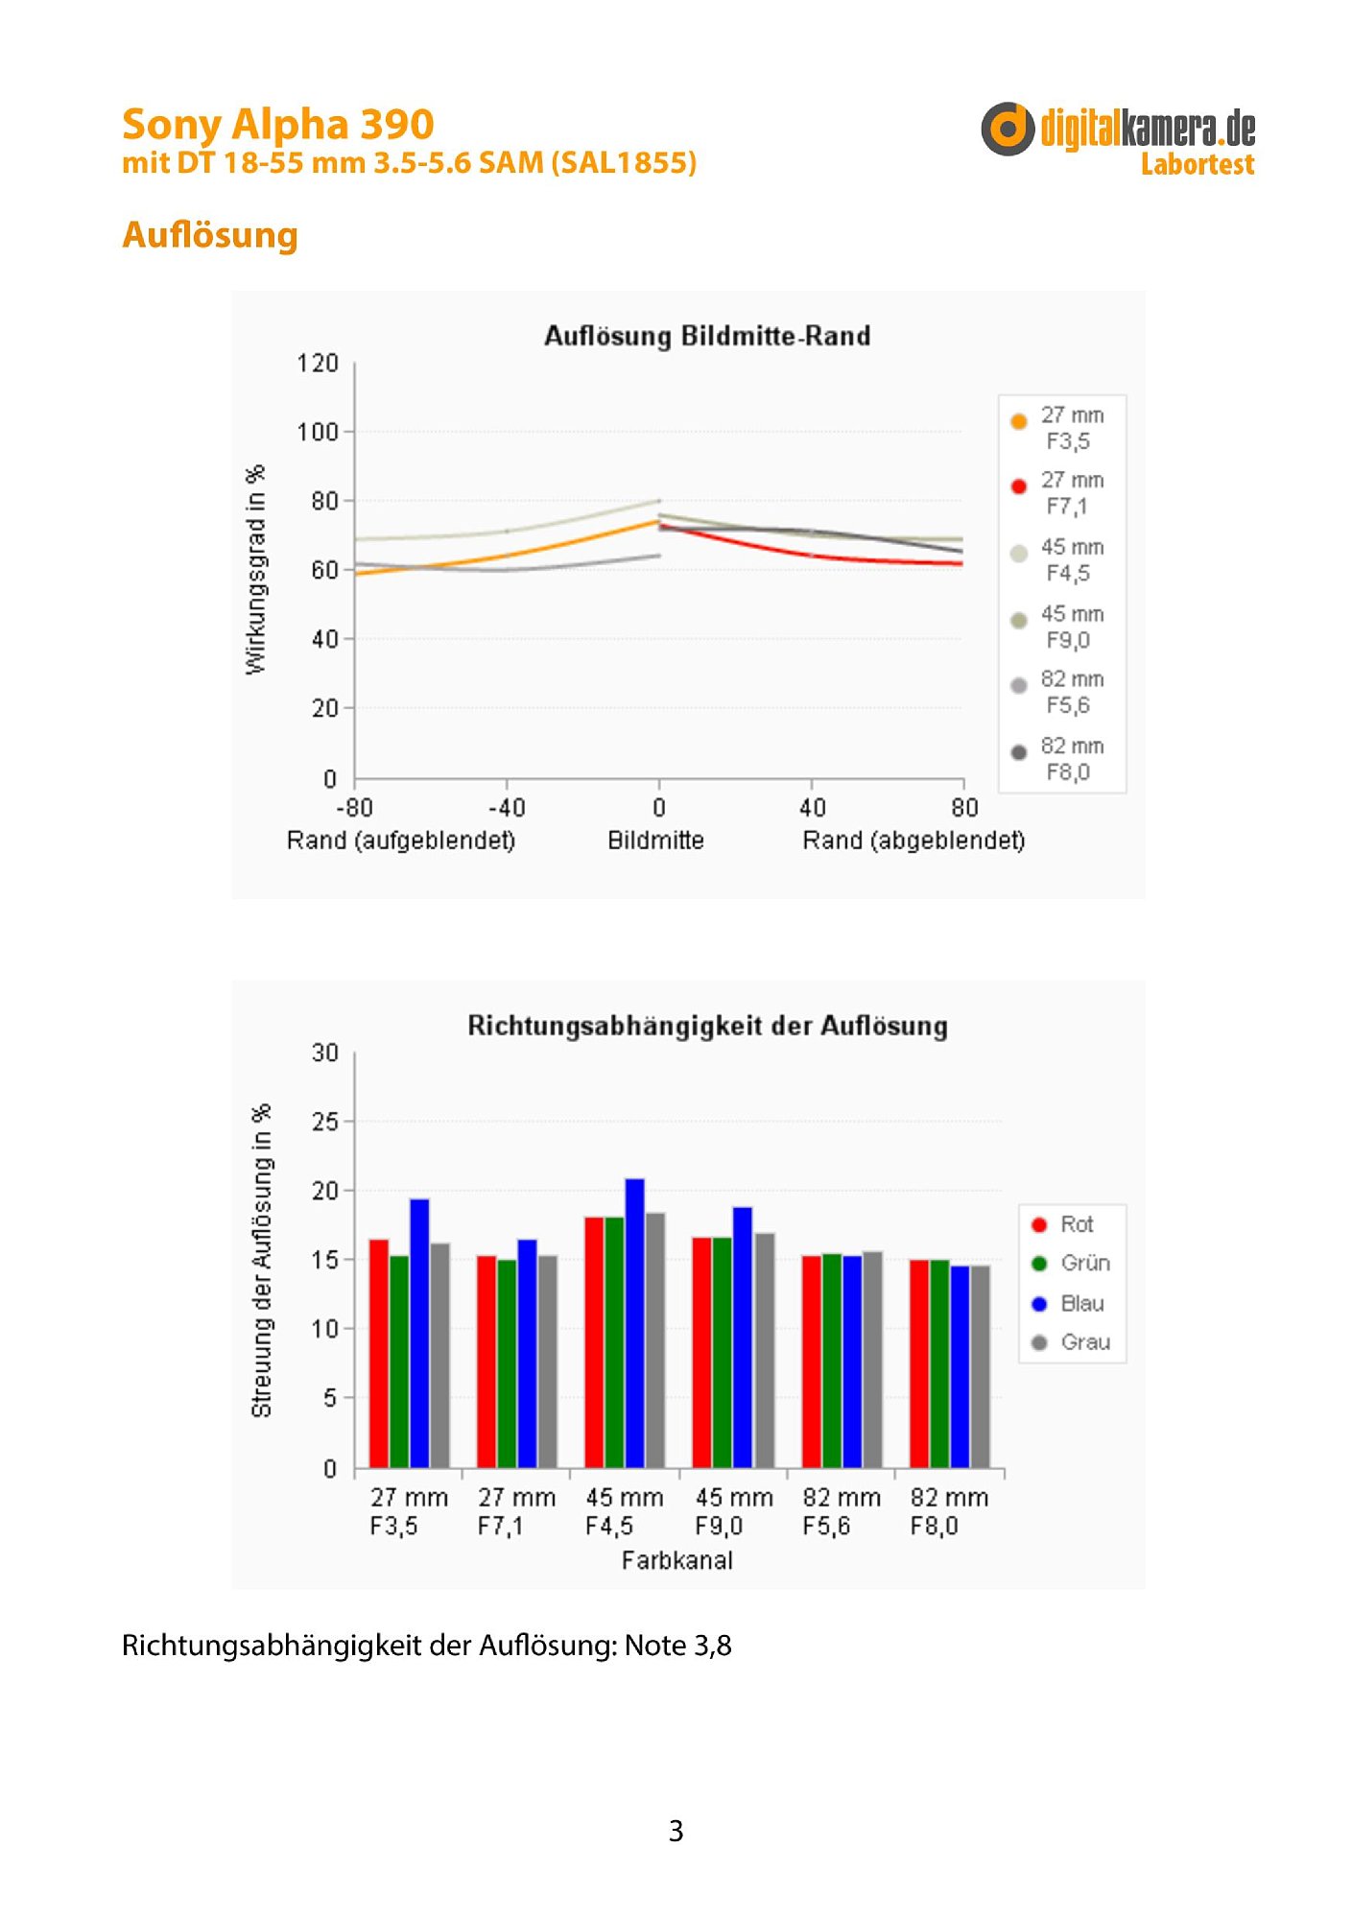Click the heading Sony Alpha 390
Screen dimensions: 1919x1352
coord(277,125)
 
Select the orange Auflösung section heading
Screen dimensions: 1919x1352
coord(210,235)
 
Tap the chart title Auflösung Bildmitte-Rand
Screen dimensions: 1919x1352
coord(707,336)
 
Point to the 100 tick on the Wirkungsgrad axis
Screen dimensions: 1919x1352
coord(318,433)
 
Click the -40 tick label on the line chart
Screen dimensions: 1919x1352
coord(506,808)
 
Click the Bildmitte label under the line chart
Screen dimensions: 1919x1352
coord(655,841)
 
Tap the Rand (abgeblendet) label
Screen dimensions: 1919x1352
coord(913,841)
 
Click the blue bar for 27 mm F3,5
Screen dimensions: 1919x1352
coord(419,1334)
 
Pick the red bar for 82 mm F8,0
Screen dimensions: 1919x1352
coord(918,1363)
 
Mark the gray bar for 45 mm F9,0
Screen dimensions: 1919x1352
coord(765,1350)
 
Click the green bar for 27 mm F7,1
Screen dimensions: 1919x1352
coord(507,1363)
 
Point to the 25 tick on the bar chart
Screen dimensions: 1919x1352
coord(325,1122)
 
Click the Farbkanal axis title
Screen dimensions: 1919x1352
coord(676,1561)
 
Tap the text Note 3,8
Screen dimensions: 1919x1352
coord(677,1646)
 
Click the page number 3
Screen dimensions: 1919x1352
coord(676,1831)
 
